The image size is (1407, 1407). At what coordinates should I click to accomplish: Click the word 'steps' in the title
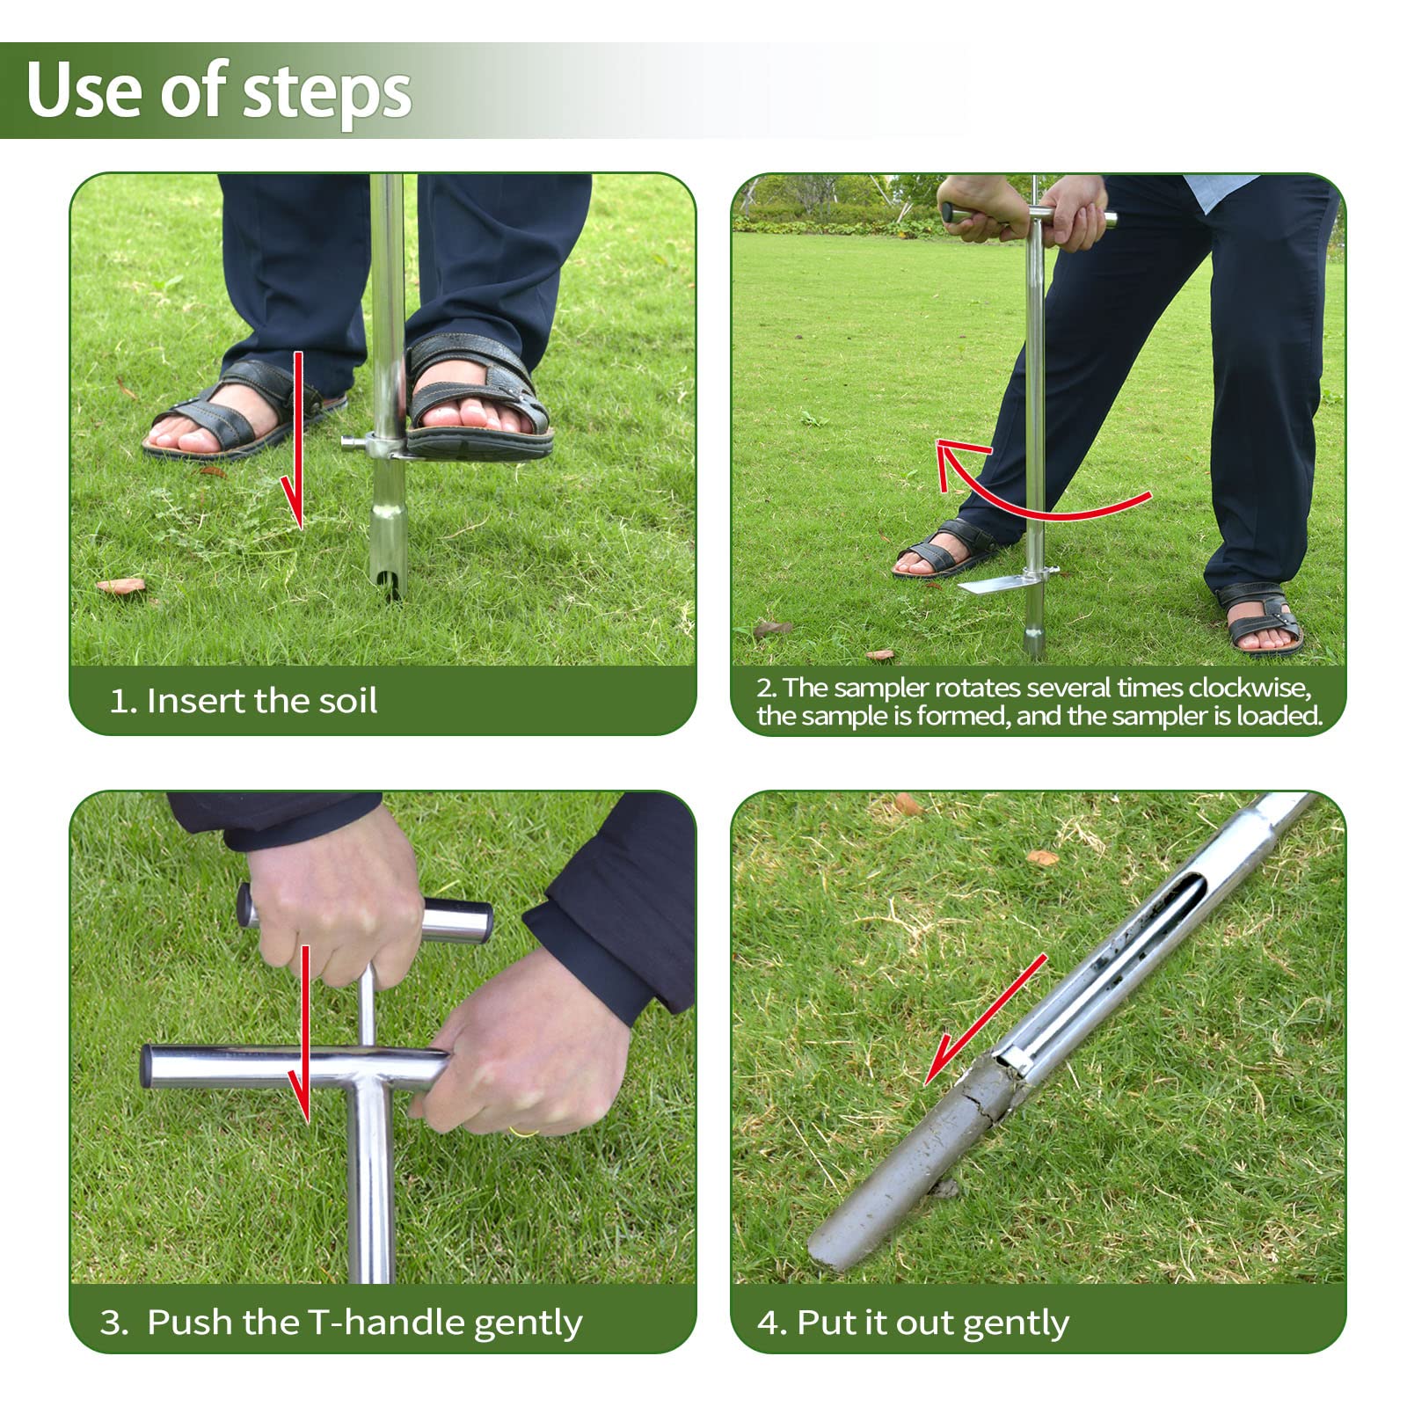[x=326, y=92]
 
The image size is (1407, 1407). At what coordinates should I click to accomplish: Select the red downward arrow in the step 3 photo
[x=303, y=1034]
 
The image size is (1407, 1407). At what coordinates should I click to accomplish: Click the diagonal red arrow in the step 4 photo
[x=985, y=1020]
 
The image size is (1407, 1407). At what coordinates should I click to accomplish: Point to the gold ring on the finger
[x=521, y=1132]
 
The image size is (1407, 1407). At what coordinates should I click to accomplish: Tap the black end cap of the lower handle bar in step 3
[x=148, y=1067]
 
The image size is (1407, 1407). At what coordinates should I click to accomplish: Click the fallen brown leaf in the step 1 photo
[x=120, y=585]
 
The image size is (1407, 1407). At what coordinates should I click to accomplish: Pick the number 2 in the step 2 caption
[x=763, y=688]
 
